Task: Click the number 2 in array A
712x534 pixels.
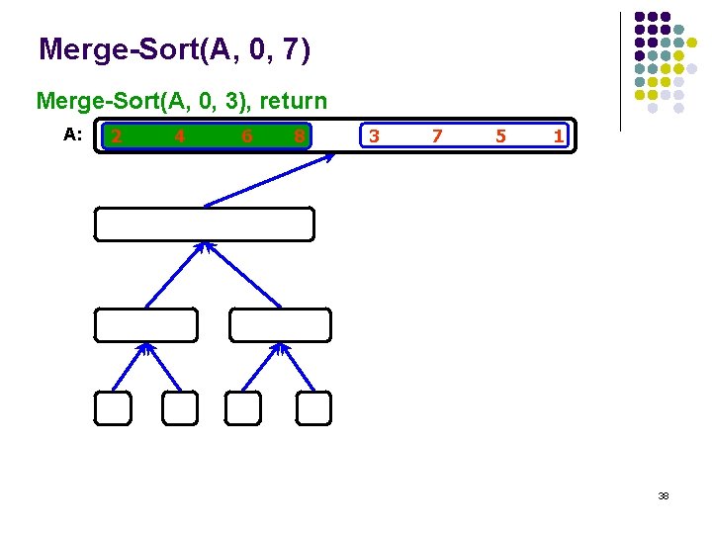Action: click(117, 135)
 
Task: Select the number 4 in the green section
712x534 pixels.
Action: click(179, 136)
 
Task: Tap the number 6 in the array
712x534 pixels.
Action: click(246, 136)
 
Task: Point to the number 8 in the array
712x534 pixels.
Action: click(299, 136)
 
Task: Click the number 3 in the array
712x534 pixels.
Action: click(373, 135)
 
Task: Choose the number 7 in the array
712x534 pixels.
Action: click(437, 135)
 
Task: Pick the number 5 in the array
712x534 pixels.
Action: click(500, 136)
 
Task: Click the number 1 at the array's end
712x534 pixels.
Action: click(559, 135)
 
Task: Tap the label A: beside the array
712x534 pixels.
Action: click(72, 134)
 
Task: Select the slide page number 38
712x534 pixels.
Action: click(664, 495)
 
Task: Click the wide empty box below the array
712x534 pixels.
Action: click(204, 224)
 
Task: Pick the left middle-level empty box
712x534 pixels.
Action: click(146, 324)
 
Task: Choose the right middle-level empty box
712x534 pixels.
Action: click(281, 324)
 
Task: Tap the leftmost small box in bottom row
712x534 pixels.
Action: click(113, 407)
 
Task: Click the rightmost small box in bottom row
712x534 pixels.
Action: click(314, 407)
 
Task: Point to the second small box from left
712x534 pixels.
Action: click(180, 407)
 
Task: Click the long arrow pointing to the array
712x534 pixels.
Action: click(267, 180)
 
